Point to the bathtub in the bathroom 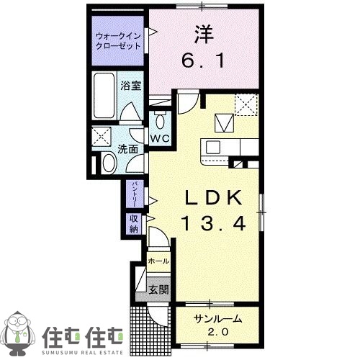tap(104, 98)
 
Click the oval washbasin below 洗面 tap(109, 163)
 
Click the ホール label tap(158, 260)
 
